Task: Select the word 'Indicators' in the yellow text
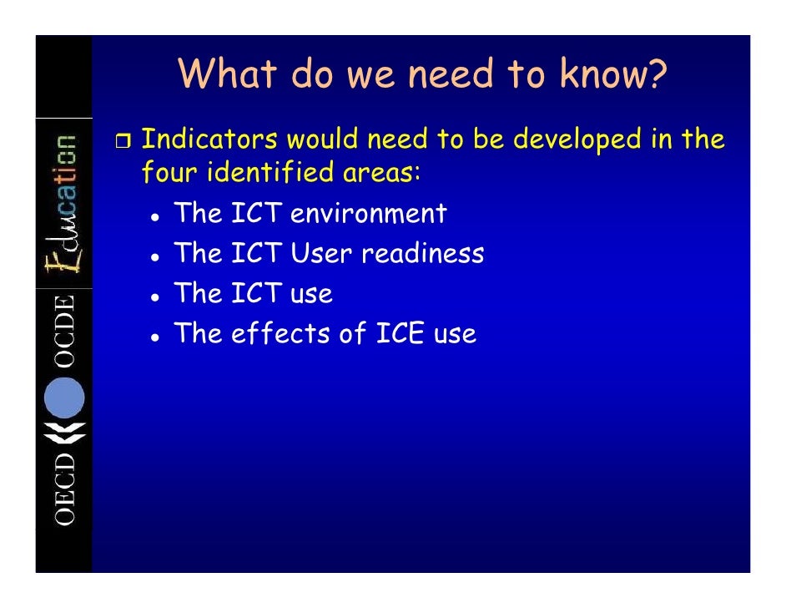[209, 139]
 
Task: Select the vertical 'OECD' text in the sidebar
[65, 489]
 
